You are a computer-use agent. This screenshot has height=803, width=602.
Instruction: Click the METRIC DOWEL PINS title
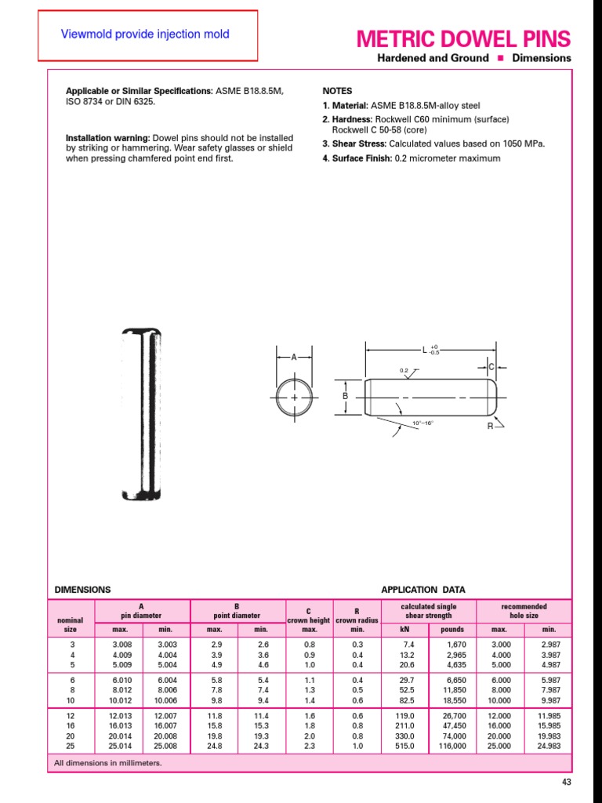(x=463, y=38)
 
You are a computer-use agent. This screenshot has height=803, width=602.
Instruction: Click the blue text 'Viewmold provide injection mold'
(x=145, y=35)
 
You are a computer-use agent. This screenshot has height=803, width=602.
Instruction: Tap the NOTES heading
(x=337, y=91)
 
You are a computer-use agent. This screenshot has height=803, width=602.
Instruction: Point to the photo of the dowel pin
(x=142, y=413)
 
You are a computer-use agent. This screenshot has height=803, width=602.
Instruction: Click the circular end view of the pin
(x=295, y=398)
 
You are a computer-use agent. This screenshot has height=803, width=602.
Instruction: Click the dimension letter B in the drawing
(x=345, y=397)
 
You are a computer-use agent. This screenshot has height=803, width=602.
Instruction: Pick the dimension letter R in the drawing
(x=490, y=425)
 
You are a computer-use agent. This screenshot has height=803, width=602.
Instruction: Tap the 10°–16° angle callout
(x=422, y=423)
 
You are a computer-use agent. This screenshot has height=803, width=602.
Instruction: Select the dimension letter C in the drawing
(x=491, y=367)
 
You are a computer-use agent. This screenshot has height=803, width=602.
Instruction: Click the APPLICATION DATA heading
(x=422, y=590)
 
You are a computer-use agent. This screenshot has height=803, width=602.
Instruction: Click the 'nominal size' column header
(x=71, y=624)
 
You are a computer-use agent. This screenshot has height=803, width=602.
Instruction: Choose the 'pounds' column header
(x=451, y=629)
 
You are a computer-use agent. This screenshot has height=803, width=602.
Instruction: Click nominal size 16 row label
(x=71, y=726)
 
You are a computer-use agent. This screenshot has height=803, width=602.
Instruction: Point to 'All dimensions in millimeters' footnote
(x=107, y=762)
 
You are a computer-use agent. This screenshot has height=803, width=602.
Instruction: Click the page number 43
(x=568, y=783)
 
